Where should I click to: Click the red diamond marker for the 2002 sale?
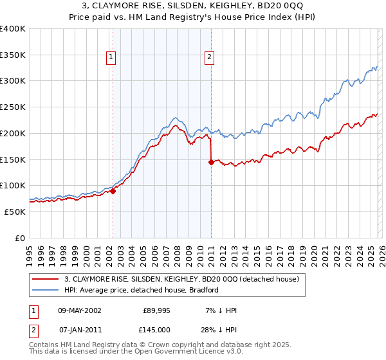click(113, 191)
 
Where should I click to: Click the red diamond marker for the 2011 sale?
click(211, 162)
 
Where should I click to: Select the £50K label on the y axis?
click(15, 212)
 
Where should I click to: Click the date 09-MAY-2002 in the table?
click(80, 310)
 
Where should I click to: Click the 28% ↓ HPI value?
click(217, 330)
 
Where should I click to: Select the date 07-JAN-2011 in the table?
click(79, 330)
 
